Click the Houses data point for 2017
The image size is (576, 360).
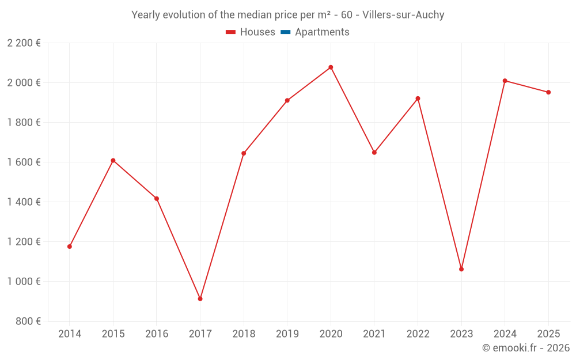click(x=200, y=299)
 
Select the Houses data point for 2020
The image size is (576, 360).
click(x=331, y=67)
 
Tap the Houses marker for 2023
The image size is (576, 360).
click(x=461, y=269)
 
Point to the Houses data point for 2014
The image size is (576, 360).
click(x=70, y=247)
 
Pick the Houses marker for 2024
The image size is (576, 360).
click(x=505, y=81)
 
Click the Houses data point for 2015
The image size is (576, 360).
click(x=113, y=160)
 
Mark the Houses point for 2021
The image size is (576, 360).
click(x=374, y=153)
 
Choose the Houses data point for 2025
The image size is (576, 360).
click(x=548, y=92)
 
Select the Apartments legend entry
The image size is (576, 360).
click(x=321, y=32)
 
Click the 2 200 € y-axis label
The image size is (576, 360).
click(x=24, y=43)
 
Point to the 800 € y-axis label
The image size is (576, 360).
click(x=28, y=321)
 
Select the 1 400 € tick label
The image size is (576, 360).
click(x=24, y=202)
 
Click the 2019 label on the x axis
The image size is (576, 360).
click(x=287, y=334)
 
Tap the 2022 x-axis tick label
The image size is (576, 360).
click(x=418, y=334)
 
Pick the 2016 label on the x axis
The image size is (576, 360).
click(x=157, y=334)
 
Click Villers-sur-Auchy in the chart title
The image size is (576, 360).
click(x=403, y=15)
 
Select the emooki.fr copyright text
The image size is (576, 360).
click(x=526, y=348)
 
